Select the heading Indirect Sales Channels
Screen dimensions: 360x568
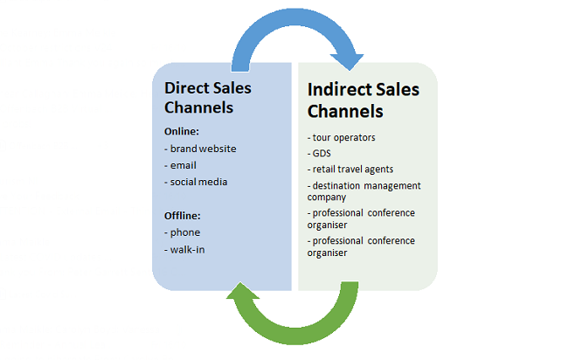click(x=364, y=100)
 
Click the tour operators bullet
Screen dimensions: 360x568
click(x=344, y=137)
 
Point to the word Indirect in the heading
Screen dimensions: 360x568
click(x=343, y=90)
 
